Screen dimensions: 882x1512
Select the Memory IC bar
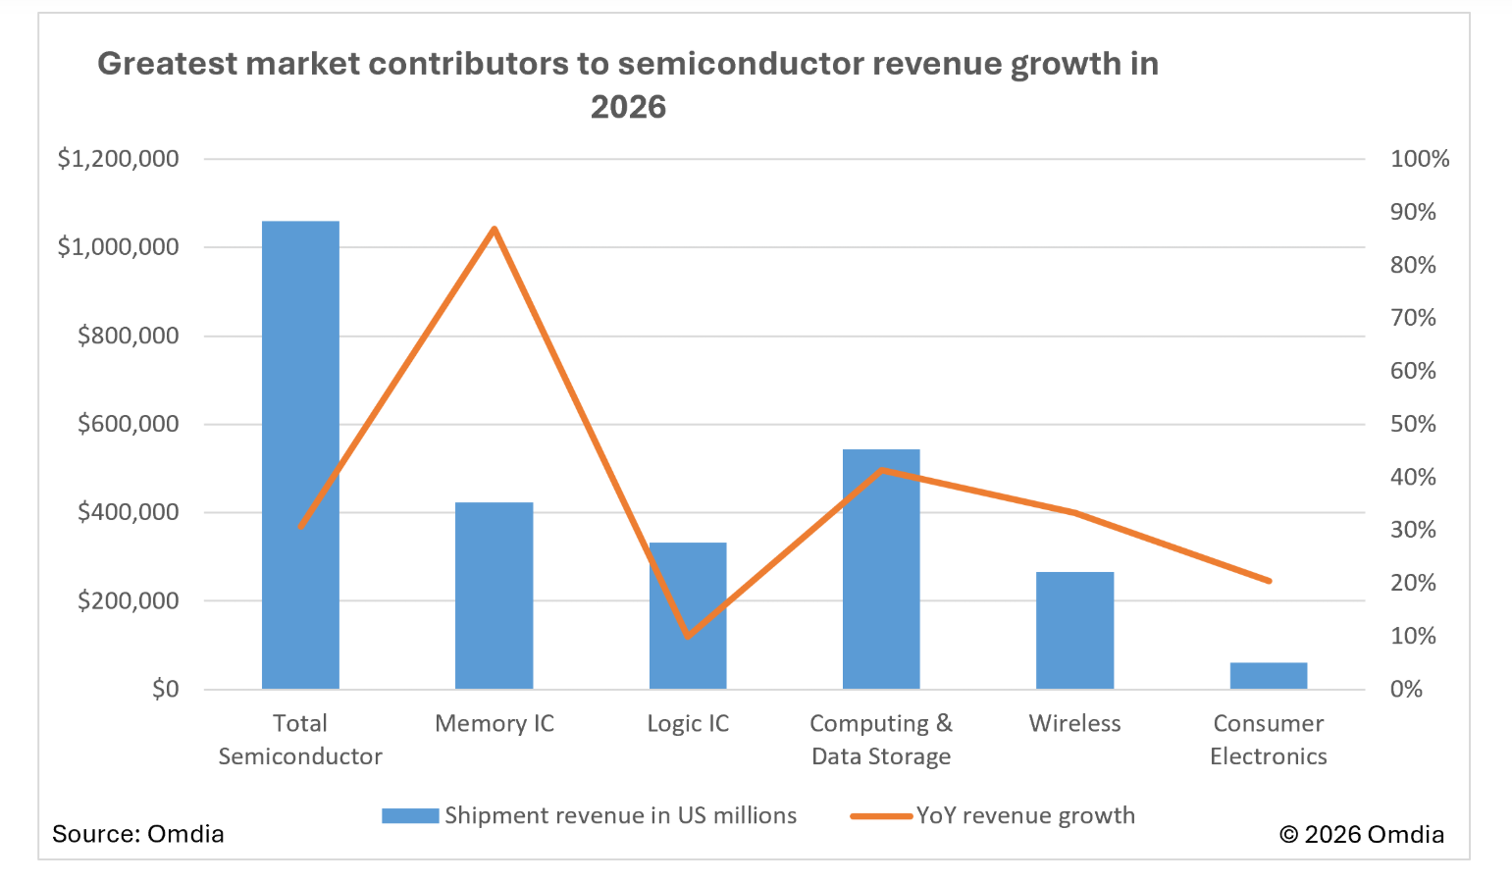point(494,596)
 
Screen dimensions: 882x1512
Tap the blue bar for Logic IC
point(688,615)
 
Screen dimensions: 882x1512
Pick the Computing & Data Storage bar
point(881,569)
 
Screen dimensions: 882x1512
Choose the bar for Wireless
point(1074,630)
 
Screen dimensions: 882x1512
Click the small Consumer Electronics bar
point(1268,676)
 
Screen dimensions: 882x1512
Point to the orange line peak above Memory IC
point(495,230)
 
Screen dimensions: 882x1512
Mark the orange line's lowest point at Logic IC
point(688,636)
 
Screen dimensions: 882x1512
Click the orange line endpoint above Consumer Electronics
point(1269,581)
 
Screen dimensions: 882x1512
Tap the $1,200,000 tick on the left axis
point(119,159)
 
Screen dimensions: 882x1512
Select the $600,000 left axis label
point(129,424)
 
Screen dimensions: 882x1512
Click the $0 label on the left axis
point(166,689)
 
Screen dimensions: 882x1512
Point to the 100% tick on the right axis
point(1419,159)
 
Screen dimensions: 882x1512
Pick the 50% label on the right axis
point(1413,424)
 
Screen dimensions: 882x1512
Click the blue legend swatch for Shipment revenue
point(410,816)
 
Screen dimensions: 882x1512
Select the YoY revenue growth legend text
point(1025,816)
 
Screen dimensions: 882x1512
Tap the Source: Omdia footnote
point(138,834)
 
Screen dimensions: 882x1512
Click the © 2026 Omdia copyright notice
point(1362,835)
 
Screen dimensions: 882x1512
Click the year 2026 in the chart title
point(628,107)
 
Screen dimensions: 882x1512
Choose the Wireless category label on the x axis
point(1074,724)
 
